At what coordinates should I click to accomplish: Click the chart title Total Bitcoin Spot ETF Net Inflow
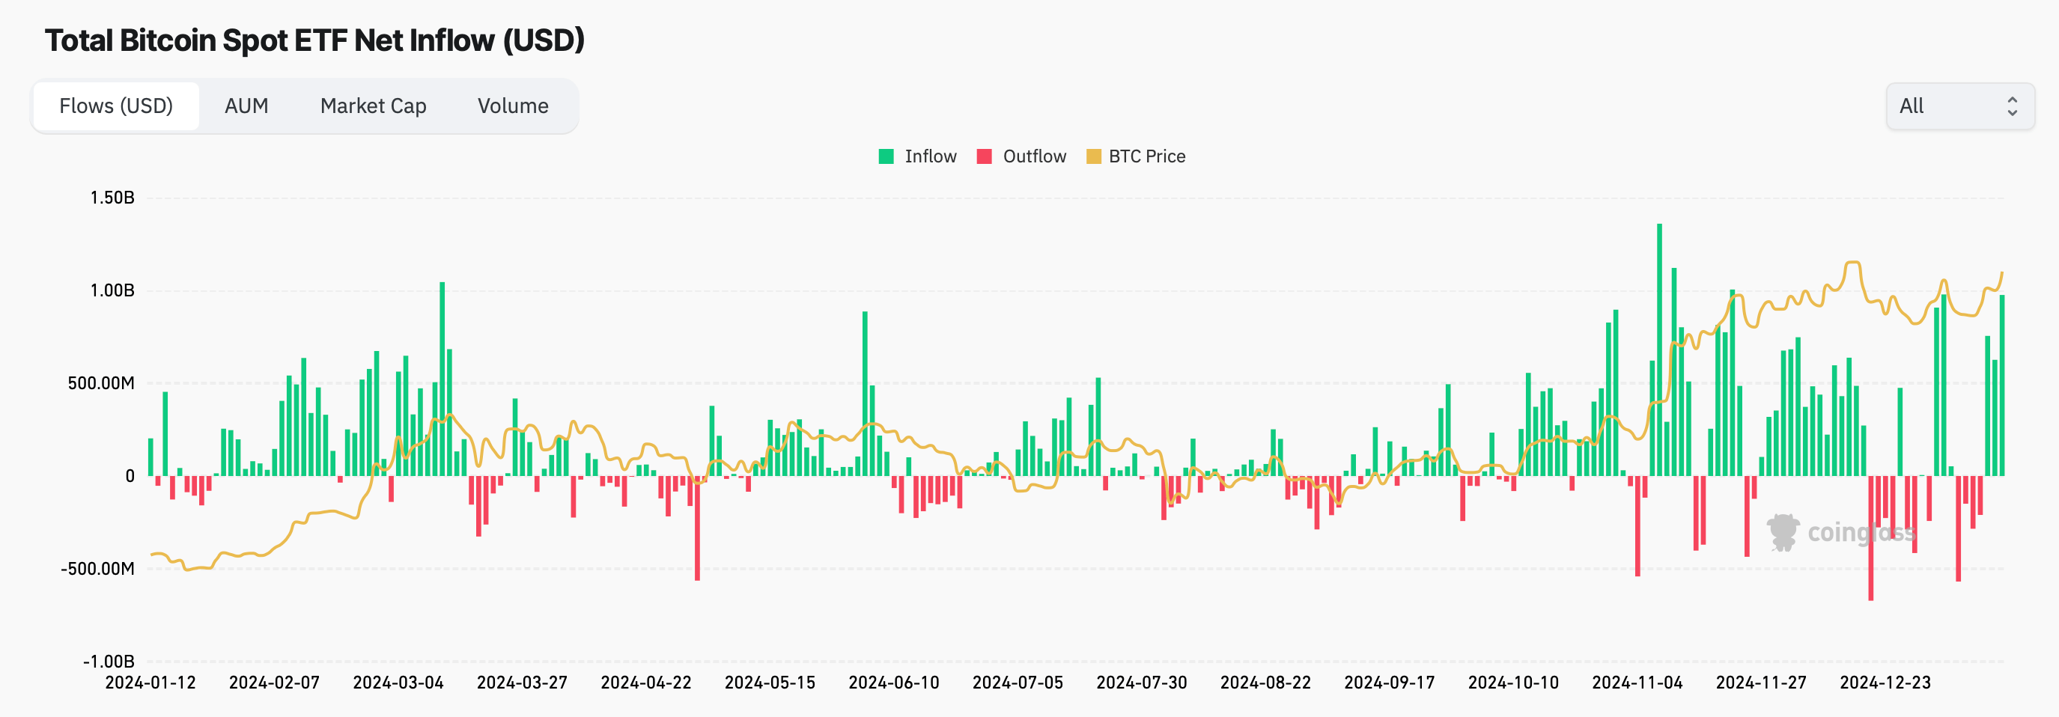point(314,40)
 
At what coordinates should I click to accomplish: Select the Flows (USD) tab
point(116,106)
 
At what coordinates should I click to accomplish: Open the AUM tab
point(246,106)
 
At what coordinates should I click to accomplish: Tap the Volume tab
point(512,106)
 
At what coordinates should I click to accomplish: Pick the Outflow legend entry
point(1021,156)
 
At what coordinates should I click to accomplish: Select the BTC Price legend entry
point(1136,156)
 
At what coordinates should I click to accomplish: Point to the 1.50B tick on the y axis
point(112,198)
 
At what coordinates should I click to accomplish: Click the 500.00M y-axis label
point(101,383)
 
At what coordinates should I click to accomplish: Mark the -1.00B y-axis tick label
point(109,661)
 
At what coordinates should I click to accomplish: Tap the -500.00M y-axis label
point(97,568)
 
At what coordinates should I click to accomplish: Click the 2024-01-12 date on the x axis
point(150,683)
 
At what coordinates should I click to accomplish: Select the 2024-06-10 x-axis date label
point(894,683)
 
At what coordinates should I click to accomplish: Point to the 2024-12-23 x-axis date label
point(1885,683)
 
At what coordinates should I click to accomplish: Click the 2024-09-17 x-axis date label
point(1389,683)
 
